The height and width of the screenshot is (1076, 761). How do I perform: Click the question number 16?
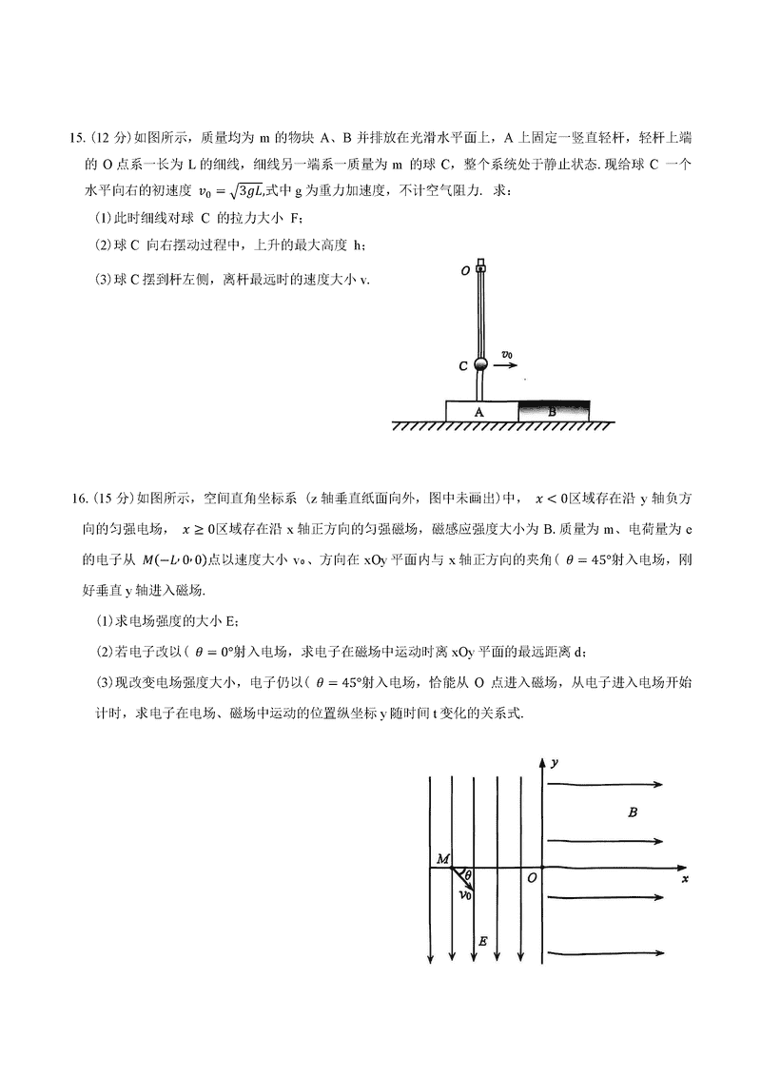pos(79,497)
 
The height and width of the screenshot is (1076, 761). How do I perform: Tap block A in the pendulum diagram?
pos(480,411)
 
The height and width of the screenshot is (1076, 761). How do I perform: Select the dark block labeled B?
pos(554,410)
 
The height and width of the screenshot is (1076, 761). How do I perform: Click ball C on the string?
pos(481,364)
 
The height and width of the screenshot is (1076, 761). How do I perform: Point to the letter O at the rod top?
pos(464,270)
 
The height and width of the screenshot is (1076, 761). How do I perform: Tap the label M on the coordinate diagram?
pos(442,859)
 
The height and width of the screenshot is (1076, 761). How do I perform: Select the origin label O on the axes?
pos(532,877)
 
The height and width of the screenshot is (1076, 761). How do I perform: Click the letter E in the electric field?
pos(483,941)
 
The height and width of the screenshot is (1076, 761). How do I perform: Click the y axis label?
pos(554,763)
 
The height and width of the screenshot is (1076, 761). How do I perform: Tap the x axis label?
pos(685,879)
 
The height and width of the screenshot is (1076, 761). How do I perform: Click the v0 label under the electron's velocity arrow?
pos(466,895)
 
